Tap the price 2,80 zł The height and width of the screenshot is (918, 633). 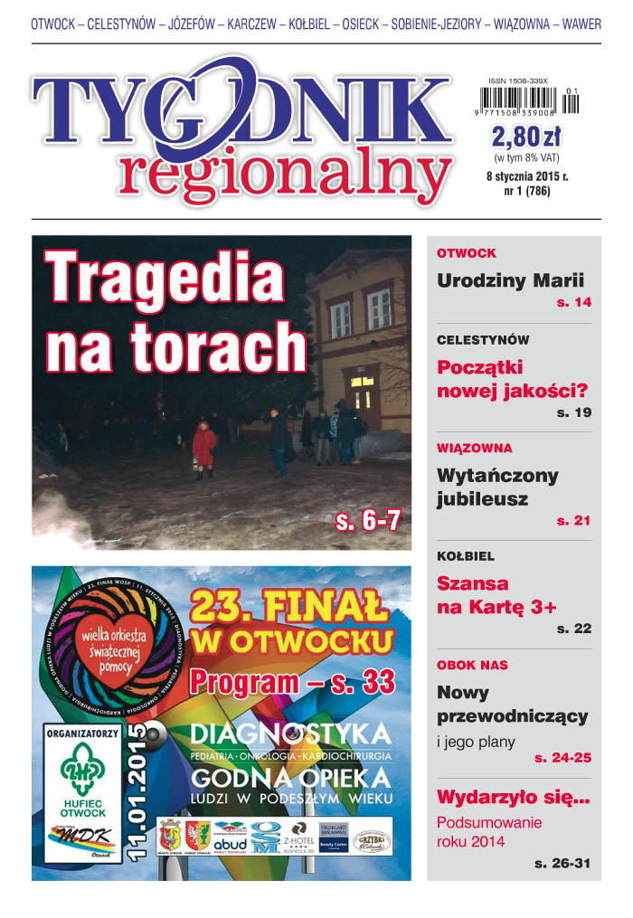tap(526, 137)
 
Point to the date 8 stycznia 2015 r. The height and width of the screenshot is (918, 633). tap(526, 177)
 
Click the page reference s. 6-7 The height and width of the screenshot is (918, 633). tap(367, 520)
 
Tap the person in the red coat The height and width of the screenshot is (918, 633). tap(204, 447)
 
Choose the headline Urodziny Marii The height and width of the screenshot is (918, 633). tap(510, 280)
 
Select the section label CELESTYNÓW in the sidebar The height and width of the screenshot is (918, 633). tap(483, 340)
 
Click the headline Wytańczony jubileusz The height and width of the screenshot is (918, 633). tap(497, 487)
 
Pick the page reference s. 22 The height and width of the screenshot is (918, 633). tap(573, 629)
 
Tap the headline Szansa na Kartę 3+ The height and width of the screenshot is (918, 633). tap(496, 595)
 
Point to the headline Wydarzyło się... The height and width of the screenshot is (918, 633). tap(513, 798)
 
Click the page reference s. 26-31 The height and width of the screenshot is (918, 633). tap(562, 864)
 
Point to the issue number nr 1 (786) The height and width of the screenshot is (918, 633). tap(526, 192)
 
